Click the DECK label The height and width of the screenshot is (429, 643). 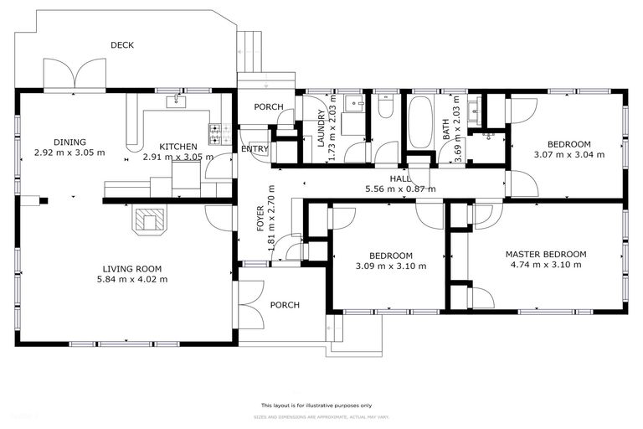pos(122,45)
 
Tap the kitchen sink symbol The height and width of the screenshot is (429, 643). pos(177,102)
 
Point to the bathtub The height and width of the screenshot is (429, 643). pos(419,121)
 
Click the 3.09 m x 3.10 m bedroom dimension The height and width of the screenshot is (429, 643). pos(392,266)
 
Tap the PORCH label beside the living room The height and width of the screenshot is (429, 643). pos(284,305)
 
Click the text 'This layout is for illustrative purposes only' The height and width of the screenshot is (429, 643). pos(321,405)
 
